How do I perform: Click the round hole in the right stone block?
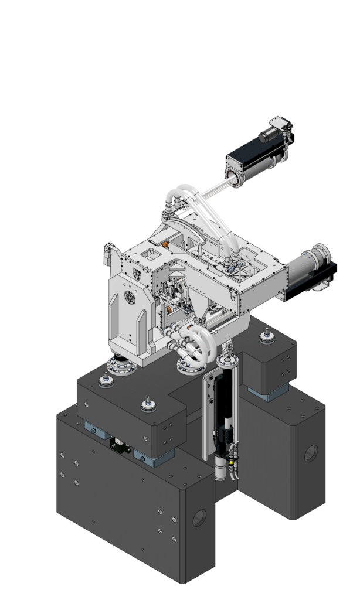(310, 452)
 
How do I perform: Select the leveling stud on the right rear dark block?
(267, 336)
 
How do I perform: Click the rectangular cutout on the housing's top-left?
(150, 254)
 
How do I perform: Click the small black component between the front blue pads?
(121, 446)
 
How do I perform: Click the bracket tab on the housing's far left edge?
(107, 252)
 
